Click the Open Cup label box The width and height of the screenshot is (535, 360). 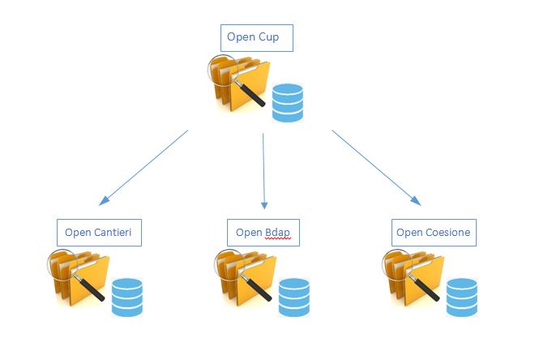(256, 38)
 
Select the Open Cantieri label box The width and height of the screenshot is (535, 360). (100, 233)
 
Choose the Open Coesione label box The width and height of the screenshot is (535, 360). (432, 233)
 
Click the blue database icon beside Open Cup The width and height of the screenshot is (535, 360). (287, 102)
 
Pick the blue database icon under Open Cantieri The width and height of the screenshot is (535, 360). (126, 297)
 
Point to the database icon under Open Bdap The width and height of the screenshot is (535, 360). (293, 297)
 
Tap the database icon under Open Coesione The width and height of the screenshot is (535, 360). (461, 297)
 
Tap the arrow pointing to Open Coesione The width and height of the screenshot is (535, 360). (376, 167)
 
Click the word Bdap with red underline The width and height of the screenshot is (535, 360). (277, 234)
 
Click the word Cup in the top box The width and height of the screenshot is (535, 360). (271, 38)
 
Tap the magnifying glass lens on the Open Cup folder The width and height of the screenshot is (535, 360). (220, 67)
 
